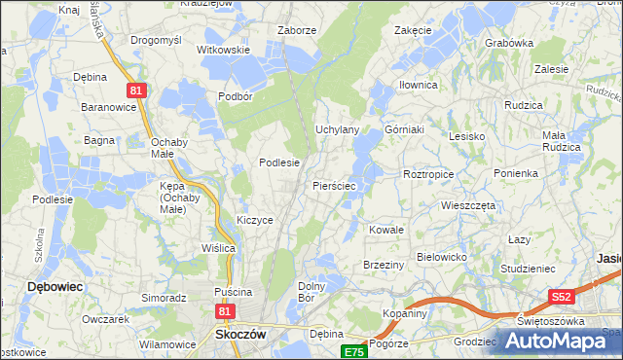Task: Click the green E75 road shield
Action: click(x=353, y=352)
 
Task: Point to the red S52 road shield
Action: click(x=561, y=296)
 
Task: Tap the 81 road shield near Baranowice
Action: click(x=136, y=90)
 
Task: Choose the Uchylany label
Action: click(x=338, y=129)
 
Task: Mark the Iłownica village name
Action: click(x=418, y=86)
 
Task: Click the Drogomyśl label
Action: click(x=157, y=40)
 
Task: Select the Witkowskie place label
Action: click(x=224, y=50)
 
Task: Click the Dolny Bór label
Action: click(x=311, y=292)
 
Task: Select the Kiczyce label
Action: click(x=254, y=221)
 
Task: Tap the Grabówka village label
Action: click(x=509, y=43)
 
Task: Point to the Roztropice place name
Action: click(x=427, y=173)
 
